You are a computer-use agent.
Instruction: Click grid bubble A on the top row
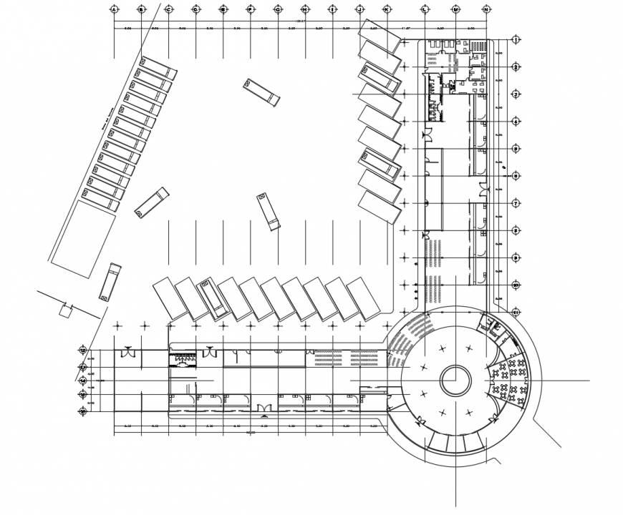(113, 9)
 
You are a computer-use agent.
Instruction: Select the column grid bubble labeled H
(304, 9)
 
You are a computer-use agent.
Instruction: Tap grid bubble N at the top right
(486, 9)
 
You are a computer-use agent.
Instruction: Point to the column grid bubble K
(387, 9)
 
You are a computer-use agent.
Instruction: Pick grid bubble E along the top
(223, 9)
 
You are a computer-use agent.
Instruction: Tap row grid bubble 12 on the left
(83, 350)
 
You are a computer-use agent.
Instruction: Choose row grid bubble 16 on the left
(83, 411)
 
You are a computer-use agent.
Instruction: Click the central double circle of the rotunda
(455, 381)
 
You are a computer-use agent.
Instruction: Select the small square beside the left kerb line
(66, 311)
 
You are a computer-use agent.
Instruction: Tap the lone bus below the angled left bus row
(109, 282)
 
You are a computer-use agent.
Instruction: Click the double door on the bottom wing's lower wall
(265, 408)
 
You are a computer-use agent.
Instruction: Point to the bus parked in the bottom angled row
(213, 298)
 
